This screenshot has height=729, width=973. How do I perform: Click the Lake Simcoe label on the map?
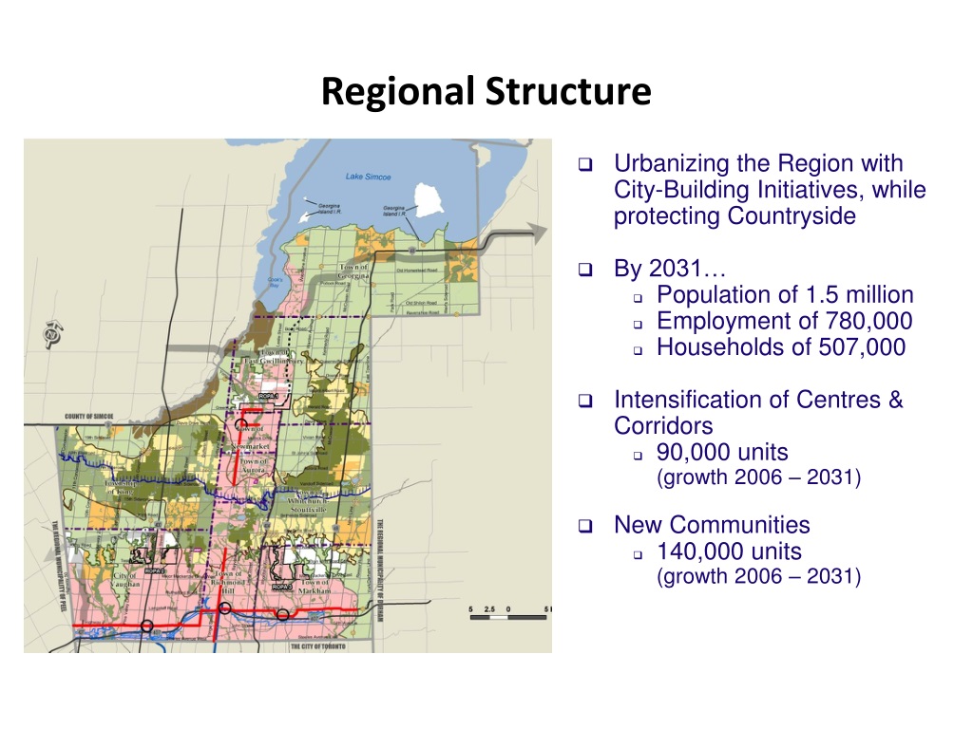coord(368,177)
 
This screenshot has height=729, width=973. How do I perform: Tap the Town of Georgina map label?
coord(354,272)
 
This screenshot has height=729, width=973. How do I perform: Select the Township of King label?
coord(121,487)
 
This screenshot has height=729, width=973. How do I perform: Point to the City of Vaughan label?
coord(126,579)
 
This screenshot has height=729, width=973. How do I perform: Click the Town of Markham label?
coord(315,587)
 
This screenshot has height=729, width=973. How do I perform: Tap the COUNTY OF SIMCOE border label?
coord(91,416)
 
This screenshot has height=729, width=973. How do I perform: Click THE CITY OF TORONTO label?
coord(317,646)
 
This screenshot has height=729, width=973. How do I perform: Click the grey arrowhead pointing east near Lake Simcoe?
coord(537,234)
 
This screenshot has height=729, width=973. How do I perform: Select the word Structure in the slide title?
coord(568,92)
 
